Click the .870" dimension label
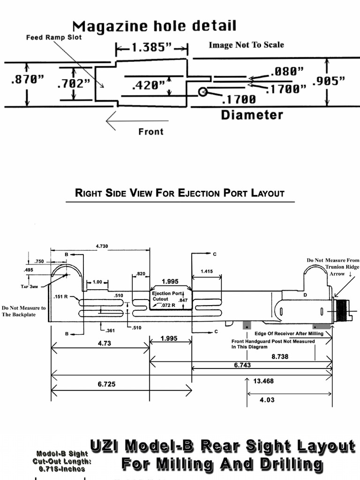coord(27,80)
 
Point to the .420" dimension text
coord(148,85)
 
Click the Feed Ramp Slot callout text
coord(53,37)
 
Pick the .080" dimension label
coord(286,71)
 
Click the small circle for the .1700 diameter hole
coord(202,92)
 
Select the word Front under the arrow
coord(151,132)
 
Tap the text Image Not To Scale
coord(246,45)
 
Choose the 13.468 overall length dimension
coord(263,381)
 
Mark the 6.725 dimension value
coord(107,384)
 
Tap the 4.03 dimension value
coord(267,400)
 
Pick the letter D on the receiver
coord(306,295)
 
